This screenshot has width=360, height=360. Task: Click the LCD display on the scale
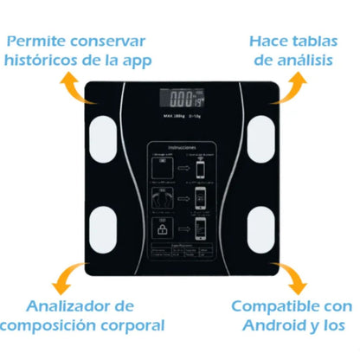[x=181, y=99]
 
